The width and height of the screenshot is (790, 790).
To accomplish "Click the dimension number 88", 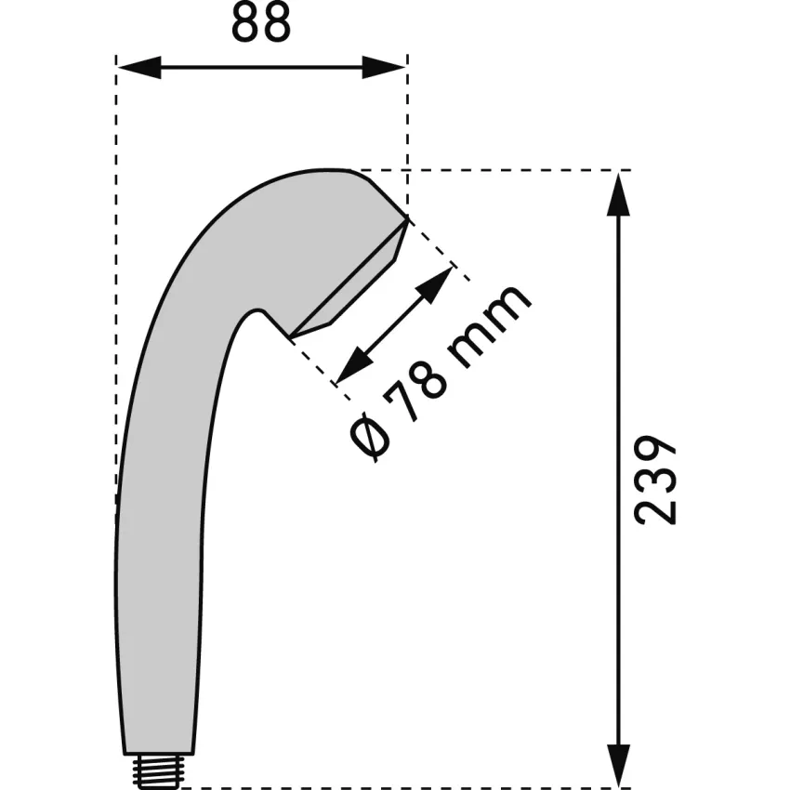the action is coord(261,22).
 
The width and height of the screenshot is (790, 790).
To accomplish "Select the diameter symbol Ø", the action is coord(370,437).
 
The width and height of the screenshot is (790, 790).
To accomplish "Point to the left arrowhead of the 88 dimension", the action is coord(139,67).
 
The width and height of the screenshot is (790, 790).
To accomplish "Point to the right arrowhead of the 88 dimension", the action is coord(384,67).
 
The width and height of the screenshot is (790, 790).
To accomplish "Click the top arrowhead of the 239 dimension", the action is coord(619,194).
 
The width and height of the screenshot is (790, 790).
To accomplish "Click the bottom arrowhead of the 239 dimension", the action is coord(619,766).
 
